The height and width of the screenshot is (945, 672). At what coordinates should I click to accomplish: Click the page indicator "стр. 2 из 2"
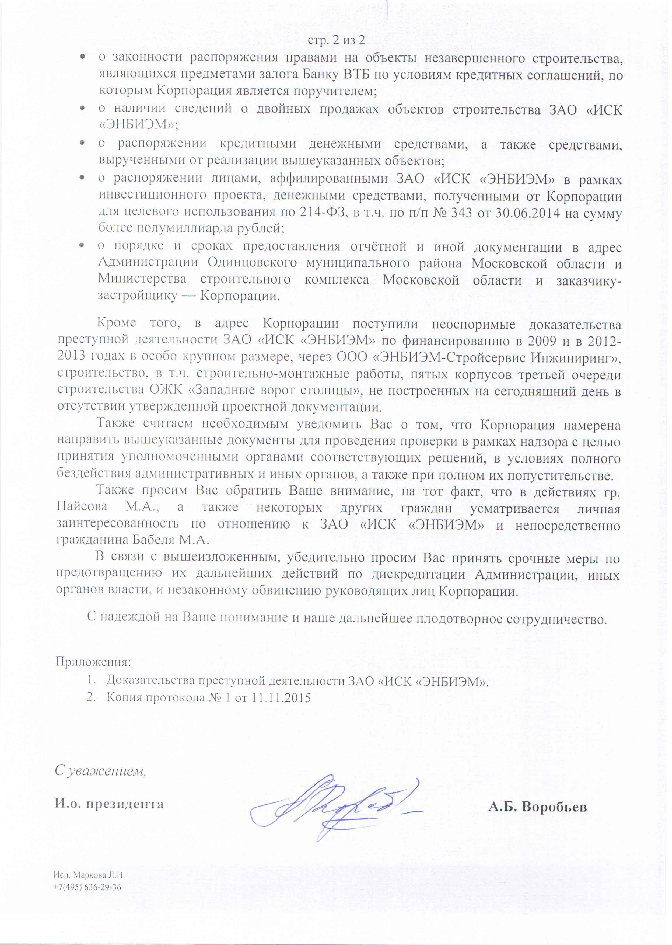click(x=337, y=41)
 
